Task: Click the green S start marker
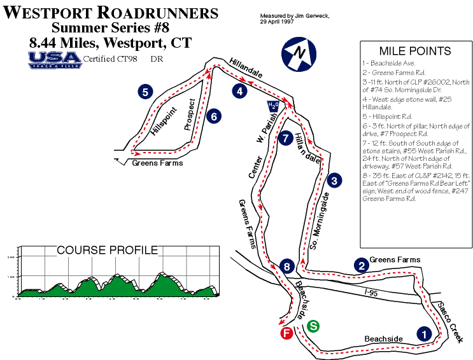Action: [314, 326]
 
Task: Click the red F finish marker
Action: [286, 334]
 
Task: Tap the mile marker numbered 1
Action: [421, 332]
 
